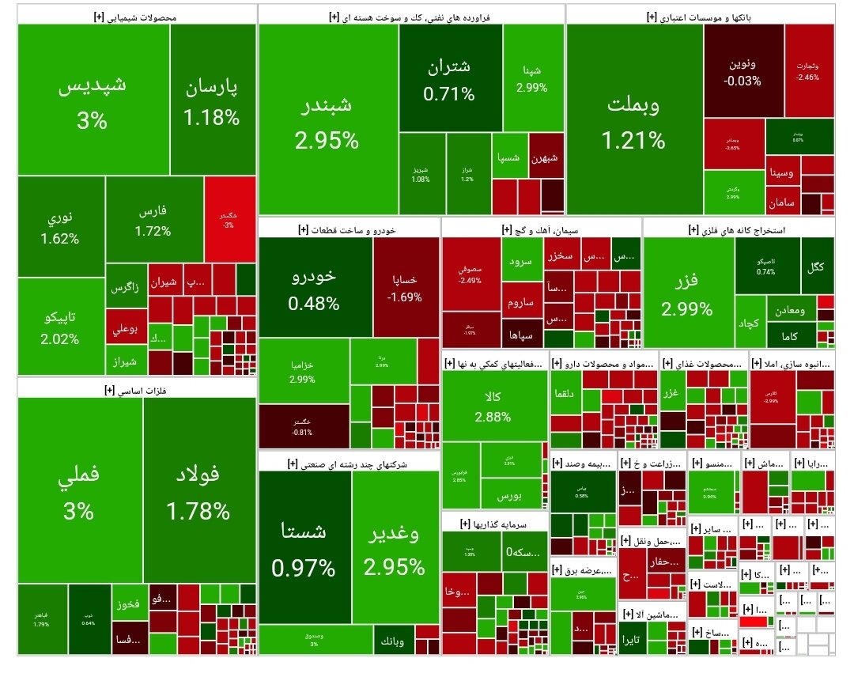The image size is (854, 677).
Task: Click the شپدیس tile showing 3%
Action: click(x=93, y=101)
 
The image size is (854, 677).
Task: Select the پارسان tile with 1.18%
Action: click(x=211, y=101)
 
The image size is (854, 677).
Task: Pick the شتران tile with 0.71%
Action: click(x=450, y=79)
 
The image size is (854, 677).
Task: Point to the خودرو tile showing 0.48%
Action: click(x=314, y=289)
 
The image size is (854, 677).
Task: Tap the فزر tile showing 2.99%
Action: click(x=687, y=294)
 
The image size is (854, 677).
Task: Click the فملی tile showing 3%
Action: click(x=79, y=490)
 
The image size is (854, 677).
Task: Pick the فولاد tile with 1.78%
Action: click(x=198, y=490)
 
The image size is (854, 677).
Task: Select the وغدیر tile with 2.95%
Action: click(x=395, y=548)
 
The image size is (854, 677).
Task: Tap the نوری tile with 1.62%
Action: click(x=60, y=226)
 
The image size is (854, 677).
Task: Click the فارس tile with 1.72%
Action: click(x=153, y=221)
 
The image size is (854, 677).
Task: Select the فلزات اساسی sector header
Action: click(x=136, y=389)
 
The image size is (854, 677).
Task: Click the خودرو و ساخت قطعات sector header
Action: click(x=349, y=229)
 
